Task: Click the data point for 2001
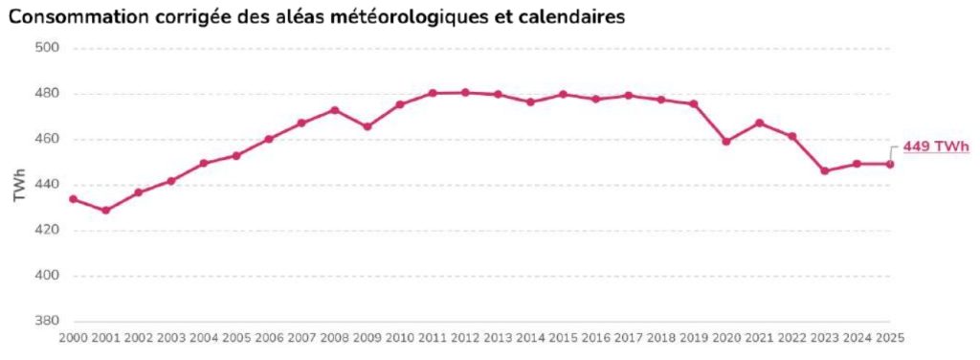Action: [x=105, y=210]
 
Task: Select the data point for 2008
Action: [x=334, y=110]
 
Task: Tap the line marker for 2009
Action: [x=367, y=126]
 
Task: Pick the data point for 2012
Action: [x=465, y=93]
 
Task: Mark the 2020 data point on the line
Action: [x=726, y=141]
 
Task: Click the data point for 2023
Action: [x=824, y=170]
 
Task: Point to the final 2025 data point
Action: [x=890, y=164]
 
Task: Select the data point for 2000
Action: [x=73, y=199]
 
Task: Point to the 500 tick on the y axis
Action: [x=47, y=48]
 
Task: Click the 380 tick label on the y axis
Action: [x=47, y=322]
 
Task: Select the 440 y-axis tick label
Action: [x=47, y=185]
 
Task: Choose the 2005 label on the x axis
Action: [x=236, y=338]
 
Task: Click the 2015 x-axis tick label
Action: [x=563, y=338]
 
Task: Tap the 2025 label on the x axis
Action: [x=889, y=338]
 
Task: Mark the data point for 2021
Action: [x=759, y=123]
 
